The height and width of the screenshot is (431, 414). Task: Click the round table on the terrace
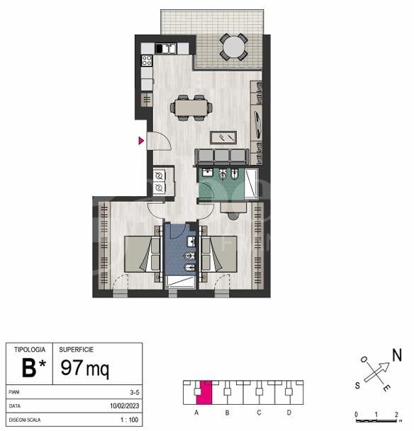(233, 47)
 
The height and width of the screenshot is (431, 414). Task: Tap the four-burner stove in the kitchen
(147, 60)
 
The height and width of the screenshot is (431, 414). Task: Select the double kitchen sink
(166, 48)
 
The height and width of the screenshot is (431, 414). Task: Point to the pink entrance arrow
(141, 141)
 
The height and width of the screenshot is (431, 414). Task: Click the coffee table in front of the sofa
(223, 137)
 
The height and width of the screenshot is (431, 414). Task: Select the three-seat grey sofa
(222, 156)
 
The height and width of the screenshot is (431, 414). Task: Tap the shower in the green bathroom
(252, 184)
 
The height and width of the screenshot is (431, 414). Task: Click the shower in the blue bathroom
(180, 282)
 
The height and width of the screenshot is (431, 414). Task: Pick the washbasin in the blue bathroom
(191, 241)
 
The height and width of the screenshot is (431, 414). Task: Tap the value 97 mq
(85, 368)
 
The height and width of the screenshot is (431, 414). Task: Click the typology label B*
(33, 368)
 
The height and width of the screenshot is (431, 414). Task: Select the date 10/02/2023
(125, 406)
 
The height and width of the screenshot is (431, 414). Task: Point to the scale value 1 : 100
(129, 420)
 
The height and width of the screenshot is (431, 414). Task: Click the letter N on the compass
(397, 355)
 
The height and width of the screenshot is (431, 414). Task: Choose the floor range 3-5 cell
(135, 392)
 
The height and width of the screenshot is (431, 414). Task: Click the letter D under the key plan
(289, 413)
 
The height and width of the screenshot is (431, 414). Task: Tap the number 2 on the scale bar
(396, 414)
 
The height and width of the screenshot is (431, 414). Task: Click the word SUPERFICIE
(77, 350)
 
